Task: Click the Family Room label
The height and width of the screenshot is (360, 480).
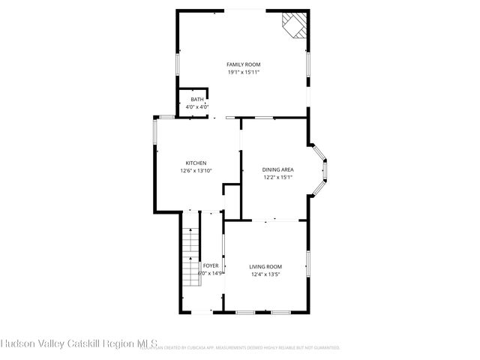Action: (x=243, y=65)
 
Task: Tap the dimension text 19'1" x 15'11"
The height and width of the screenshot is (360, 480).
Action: (x=243, y=73)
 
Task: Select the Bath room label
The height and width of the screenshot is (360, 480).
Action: (x=196, y=100)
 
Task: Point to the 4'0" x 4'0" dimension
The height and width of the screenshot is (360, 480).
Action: (x=196, y=106)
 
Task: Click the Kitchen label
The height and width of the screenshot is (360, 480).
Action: (x=196, y=163)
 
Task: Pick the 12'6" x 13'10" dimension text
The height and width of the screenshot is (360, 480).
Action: (x=196, y=171)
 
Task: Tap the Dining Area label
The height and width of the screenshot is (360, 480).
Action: (x=277, y=170)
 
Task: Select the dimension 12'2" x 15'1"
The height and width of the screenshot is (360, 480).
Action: (x=277, y=178)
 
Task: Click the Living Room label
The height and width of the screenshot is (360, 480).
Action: (x=265, y=267)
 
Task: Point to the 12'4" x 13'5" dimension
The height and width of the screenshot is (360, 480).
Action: (x=265, y=274)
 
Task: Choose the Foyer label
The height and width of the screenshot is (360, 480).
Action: (x=211, y=266)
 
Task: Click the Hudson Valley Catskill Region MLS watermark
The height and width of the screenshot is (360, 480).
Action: (x=79, y=344)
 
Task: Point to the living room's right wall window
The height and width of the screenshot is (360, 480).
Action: (x=307, y=265)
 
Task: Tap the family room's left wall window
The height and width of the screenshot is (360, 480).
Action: (x=178, y=63)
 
